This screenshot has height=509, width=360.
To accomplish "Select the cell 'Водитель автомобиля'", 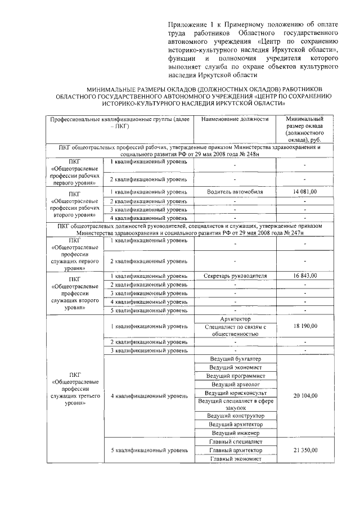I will [236, 192].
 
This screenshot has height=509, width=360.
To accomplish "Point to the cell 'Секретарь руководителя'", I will [236, 276].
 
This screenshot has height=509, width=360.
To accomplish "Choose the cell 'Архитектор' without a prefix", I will [236, 319].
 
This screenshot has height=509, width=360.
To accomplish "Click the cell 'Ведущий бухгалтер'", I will [236, 358].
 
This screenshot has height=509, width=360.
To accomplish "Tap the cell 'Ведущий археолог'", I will [236, 384].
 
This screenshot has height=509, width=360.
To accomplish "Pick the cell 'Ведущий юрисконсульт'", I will [236, 392].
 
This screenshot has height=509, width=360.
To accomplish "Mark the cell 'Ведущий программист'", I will [236, 375].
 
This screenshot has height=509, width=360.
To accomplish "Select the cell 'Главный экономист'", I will [236, 458].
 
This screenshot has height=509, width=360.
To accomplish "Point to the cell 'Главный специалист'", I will [236, 442].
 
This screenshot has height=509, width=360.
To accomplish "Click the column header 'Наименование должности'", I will [236, 120].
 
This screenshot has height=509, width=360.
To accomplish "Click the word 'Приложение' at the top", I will [187, 25].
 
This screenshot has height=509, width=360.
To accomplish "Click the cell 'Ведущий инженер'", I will [236, 433].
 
